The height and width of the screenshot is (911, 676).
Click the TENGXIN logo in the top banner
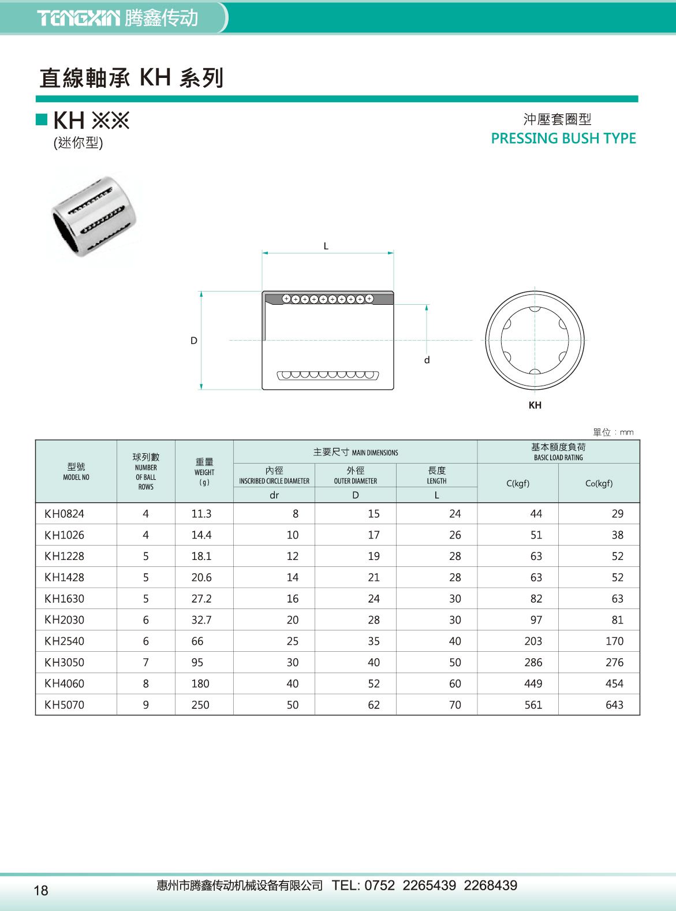[x=79, y=18]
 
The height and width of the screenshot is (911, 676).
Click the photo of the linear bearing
[x=95, y=215]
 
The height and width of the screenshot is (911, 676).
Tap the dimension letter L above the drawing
[x=326, y=247]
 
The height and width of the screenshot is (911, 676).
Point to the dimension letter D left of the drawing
[x=194, y=341]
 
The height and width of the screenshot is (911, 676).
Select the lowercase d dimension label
[x=427, y=360]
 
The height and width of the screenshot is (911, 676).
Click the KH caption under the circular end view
[x=535, y=405]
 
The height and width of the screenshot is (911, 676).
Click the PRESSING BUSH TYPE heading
[x=563, y=139]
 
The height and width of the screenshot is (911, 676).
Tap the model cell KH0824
[x=64, y=514]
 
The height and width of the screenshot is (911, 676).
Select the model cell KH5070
[x=64, y=705]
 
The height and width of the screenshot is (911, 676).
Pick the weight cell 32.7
[x=201, y=620]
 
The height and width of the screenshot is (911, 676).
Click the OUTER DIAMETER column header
[x=355, y=476]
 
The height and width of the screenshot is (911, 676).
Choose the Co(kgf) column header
[x=599, y=484]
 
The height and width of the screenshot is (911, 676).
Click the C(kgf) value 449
[x=533, y=684]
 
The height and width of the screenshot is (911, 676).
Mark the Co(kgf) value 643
[x=614, y=705]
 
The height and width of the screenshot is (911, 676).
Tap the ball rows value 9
[x=146, y=705]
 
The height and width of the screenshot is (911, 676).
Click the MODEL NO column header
[x=76, y=472]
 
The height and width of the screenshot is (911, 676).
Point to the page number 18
[x=41, y=890]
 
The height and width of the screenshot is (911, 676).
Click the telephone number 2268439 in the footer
[x=490, y=886]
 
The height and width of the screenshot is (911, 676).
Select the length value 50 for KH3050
[x=455, y=663]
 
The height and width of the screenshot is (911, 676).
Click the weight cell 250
[x=200, y=705]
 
